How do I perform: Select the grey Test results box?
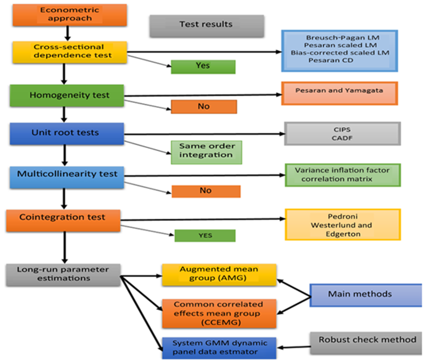click(206, 24)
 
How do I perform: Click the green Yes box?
click(203, 66)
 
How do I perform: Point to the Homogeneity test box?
click(70, 96)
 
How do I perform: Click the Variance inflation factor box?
click(342, 175)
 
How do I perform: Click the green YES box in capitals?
click(204, 235)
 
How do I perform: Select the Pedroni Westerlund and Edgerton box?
click(342, 223)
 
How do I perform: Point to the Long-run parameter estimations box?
click(63, 274)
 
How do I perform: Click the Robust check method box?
click(367, 339)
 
